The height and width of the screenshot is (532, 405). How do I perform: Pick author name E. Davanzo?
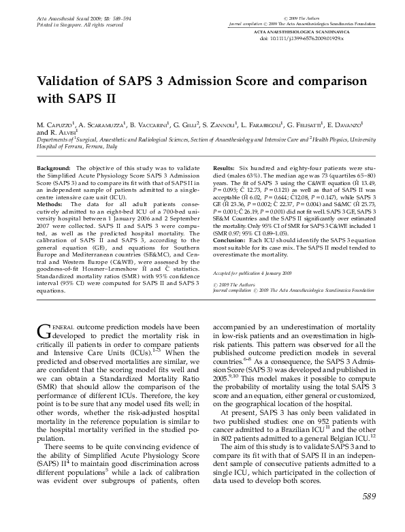point(349,126)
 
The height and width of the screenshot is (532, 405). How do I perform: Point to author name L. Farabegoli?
point(265,126)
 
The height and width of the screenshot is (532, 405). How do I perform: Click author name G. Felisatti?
point(306,126)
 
